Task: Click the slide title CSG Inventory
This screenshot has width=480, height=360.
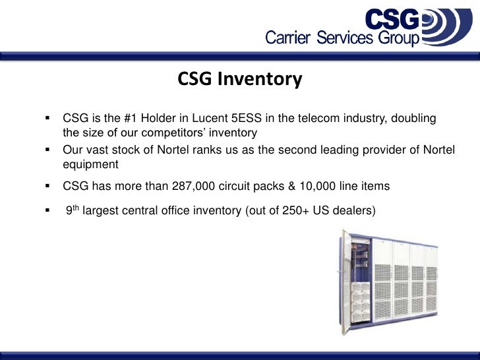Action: coord(240,80)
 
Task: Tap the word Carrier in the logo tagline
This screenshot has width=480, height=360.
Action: coord(288,38)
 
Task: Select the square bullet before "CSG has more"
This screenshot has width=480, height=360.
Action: coord(48,187)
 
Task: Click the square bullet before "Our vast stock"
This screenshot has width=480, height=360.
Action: coord(48,149)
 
